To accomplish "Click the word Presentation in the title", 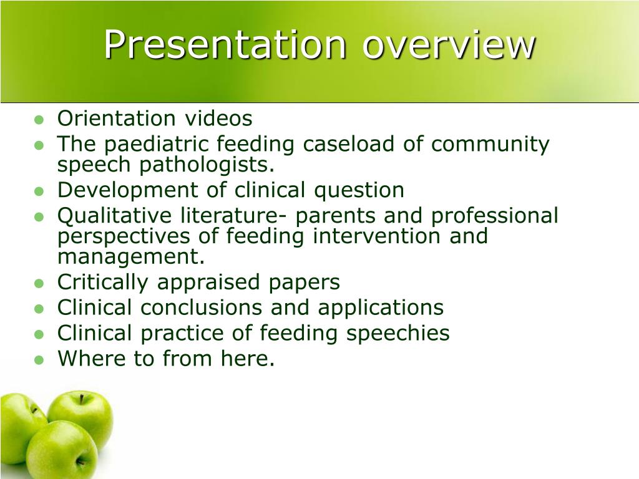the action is click(225, 44).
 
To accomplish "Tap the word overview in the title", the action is click(448, 44).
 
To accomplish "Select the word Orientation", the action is click(116, 118).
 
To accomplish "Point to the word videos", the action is click(218, 118).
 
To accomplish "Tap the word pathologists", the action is click(207, 165).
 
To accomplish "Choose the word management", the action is click(131, 257).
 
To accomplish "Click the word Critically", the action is click(103, 283).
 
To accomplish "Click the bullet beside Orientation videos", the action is click(39, 119).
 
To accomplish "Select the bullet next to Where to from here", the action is click(39, 360).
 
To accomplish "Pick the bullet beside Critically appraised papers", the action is click(39, 284).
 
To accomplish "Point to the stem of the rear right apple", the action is click(82, 399).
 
